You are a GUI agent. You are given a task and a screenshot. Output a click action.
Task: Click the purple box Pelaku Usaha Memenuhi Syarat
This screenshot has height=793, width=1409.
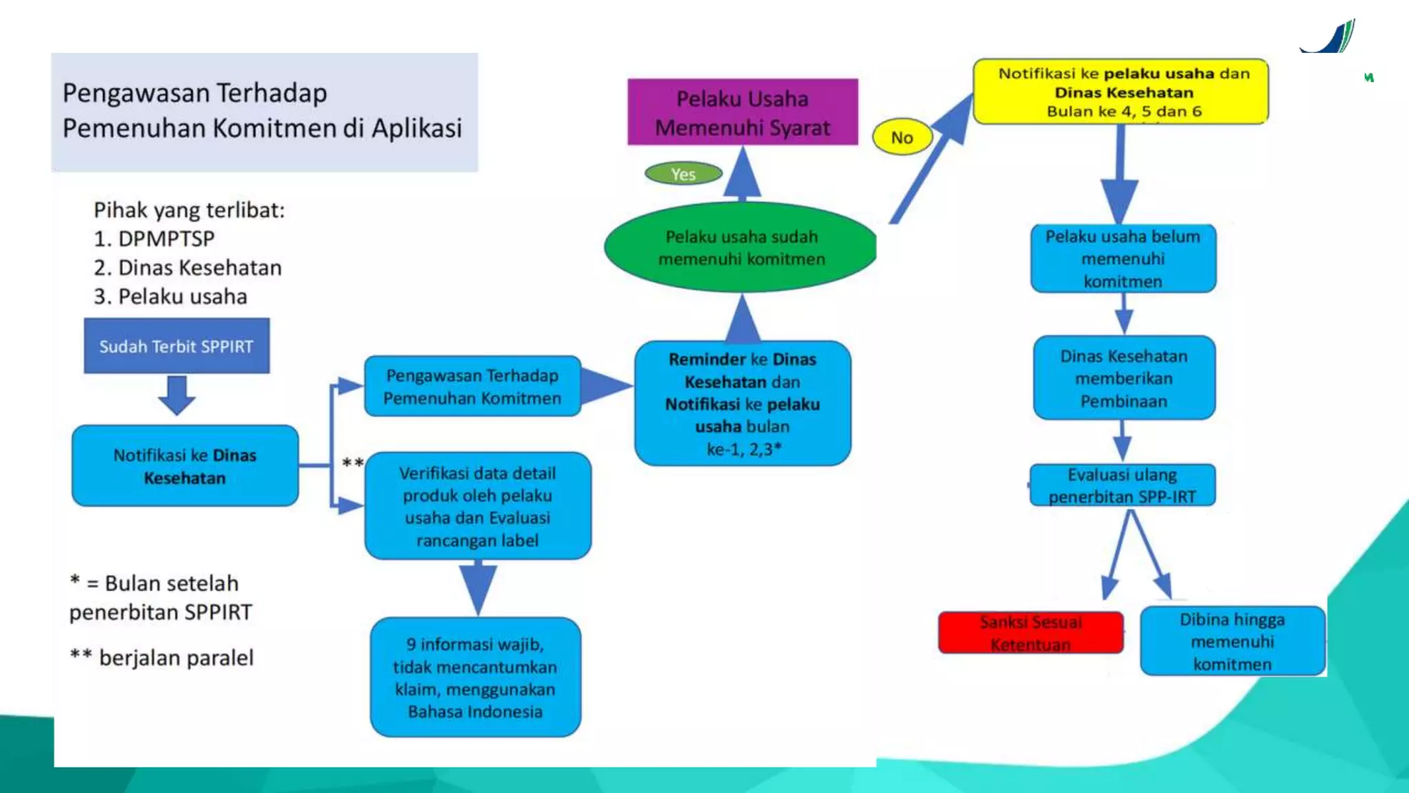742,112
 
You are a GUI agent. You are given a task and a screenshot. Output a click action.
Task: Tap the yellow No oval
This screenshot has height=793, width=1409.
902,137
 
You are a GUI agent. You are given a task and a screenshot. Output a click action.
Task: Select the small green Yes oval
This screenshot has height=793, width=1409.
683,173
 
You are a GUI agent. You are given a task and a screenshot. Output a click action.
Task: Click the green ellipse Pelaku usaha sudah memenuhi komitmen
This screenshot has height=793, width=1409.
741,247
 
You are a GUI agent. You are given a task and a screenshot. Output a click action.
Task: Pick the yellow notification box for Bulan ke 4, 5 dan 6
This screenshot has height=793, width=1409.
1121,92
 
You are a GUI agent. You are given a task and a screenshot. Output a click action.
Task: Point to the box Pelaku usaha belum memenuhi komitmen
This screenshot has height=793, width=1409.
1123,258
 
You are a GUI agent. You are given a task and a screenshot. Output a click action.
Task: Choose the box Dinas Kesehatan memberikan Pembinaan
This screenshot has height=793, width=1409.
1123,378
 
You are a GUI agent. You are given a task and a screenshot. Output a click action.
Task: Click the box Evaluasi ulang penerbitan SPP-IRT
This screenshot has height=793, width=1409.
1122,485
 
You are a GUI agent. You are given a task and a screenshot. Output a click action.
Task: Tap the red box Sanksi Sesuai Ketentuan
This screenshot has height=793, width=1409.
1031,633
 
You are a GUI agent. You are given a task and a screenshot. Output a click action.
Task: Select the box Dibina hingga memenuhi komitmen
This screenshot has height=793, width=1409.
1232,641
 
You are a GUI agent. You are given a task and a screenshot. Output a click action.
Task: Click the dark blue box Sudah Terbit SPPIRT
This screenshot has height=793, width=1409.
177,346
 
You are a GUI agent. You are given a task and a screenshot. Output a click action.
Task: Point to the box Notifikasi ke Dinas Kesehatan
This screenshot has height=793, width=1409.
185,466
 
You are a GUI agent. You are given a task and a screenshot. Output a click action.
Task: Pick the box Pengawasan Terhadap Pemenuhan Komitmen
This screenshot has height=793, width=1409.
473,386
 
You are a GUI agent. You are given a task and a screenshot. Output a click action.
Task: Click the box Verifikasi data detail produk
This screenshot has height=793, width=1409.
477,506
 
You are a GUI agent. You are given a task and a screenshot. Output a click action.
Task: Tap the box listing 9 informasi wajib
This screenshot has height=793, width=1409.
475,677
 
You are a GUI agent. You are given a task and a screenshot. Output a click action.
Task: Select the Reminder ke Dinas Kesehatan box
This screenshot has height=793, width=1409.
742,403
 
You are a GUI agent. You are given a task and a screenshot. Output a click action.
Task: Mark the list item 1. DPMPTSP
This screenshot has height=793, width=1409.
154,239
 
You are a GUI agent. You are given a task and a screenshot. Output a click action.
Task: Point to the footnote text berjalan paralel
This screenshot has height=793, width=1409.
176,658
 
